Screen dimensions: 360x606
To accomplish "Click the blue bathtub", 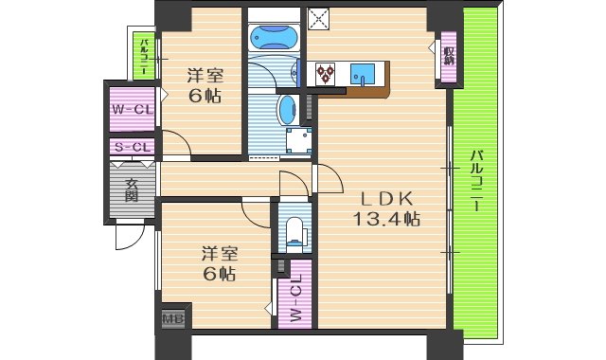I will tap(275, 36).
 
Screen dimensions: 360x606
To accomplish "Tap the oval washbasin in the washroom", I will tap(287, 110).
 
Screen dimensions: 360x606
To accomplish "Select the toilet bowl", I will tap(294, 230).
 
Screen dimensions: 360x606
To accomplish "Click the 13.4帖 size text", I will tap(386, 220).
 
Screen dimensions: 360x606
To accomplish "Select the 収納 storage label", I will tap(447, 56).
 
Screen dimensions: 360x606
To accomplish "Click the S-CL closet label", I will tap(132, 147).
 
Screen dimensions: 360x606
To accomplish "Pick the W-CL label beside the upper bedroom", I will tap(132, 109).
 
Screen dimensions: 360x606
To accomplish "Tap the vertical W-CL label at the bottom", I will tap(295, 299).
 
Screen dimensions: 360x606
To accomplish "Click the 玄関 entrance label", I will tap(131, 190).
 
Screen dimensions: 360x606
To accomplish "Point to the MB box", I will tap(173, 318).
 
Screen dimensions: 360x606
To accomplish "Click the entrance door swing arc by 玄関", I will tap(125, 236).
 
